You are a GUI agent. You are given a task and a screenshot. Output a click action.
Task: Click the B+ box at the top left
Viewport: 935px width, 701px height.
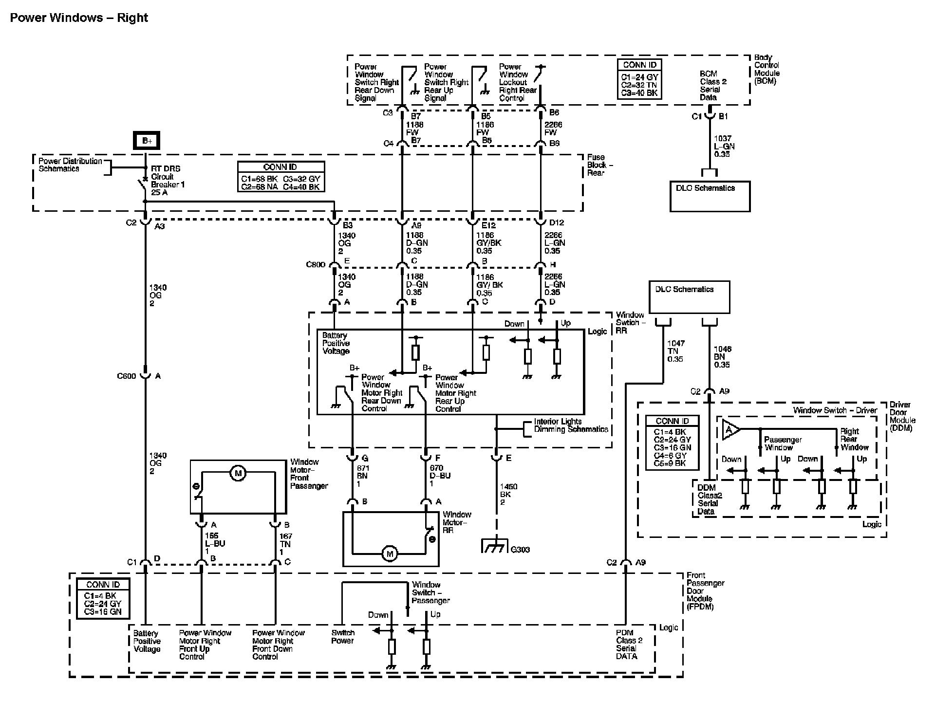point(147,141)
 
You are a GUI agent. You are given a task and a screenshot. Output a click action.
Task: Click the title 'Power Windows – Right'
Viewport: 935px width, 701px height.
point(79,18)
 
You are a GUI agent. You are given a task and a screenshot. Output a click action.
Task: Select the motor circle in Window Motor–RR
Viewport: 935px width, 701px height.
point(389,553)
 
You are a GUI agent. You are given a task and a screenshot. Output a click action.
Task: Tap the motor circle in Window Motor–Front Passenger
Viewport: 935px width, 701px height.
point(238,473)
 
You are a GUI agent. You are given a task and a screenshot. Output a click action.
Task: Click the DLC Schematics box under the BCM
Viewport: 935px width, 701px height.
point(710,196)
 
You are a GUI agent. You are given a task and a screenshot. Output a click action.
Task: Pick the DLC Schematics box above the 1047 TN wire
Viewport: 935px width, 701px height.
point(689,297)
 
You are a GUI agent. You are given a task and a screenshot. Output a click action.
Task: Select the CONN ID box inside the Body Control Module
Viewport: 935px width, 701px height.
point(639,79)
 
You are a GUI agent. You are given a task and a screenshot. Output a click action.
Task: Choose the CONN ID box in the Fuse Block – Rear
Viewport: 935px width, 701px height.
point(280,177)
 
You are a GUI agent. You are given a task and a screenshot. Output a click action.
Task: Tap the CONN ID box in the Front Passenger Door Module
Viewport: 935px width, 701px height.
point(103,598)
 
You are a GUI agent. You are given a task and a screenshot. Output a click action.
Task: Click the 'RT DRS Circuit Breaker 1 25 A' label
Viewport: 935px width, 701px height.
point(168,181)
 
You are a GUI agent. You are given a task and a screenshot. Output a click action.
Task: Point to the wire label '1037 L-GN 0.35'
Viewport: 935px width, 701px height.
point(724,147)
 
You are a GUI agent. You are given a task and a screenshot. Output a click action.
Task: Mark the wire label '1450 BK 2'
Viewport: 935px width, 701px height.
point(508,494)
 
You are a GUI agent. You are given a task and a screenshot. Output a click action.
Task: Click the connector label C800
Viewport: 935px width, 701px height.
point(315,264)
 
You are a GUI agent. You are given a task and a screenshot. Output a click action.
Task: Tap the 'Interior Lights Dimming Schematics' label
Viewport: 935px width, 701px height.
point(571,425)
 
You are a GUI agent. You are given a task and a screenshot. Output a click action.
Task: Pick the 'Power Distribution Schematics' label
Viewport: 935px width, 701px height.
point(70,165)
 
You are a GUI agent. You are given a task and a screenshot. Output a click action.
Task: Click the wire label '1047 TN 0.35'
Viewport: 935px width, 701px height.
point(675,351)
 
